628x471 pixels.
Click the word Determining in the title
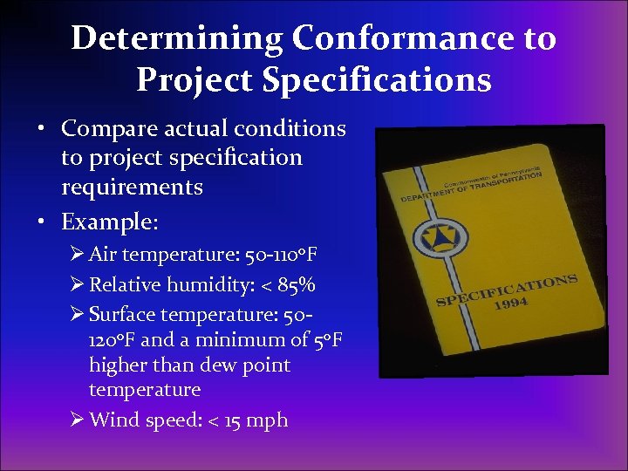177,38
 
